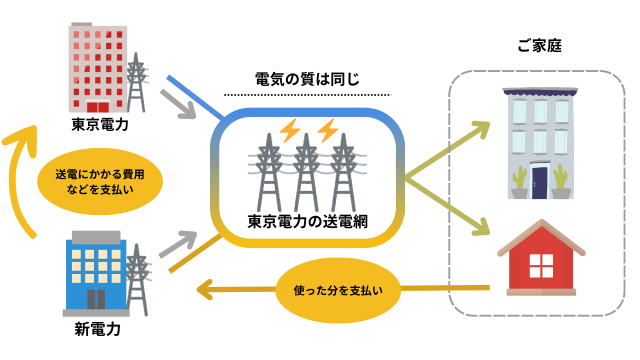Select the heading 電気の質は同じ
307,78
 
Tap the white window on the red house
541,266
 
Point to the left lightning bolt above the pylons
290,131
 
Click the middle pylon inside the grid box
307,170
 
